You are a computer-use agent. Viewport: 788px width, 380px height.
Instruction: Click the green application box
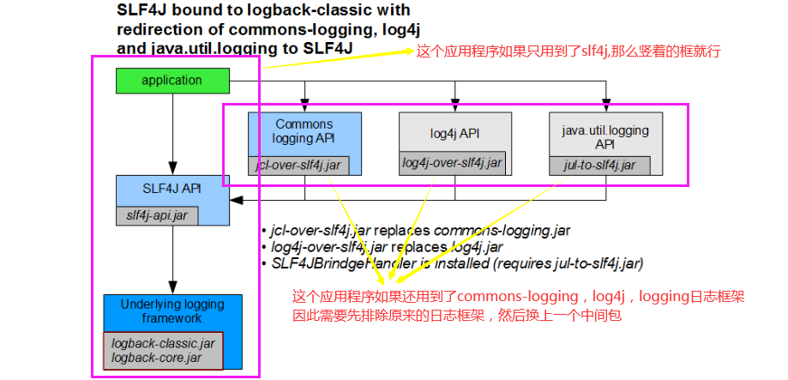coord(172,81)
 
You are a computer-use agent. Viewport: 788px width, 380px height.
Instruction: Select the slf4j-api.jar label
coord(157,215)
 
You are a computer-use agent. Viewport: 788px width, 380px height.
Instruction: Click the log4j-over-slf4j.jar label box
coord(453,163)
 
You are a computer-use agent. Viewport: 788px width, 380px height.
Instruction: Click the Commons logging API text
coord(304,130)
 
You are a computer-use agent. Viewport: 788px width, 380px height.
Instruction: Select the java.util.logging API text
coord(605,136)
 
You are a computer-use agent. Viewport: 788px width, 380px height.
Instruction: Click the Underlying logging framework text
coord(172,311)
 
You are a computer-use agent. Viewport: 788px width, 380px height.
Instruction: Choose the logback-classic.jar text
coord(164,342)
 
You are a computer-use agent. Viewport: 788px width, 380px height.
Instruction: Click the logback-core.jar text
coord(157,356)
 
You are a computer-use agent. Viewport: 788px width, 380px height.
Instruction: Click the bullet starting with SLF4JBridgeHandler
coord(454,262)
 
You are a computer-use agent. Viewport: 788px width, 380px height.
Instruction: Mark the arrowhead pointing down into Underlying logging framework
coord(172,289)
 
